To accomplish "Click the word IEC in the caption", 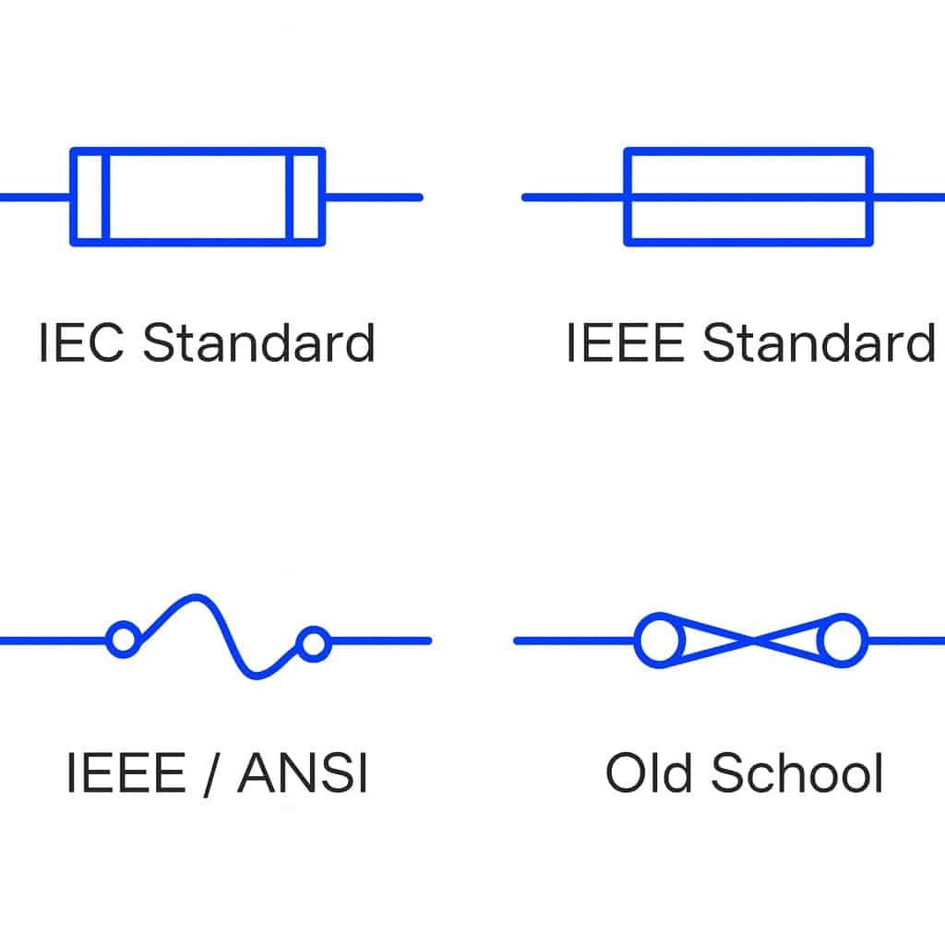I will point(81,342).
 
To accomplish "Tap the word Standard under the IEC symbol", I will point(259,342).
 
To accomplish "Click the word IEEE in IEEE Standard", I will point(625,342).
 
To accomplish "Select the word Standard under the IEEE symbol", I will point(819,342).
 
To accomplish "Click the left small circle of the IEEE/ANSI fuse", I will point(122,640).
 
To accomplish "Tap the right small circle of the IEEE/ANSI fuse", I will point(314,643).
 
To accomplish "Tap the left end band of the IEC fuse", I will point(90,197).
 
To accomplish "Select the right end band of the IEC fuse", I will point(306,197).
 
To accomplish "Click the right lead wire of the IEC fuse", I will point(374,197).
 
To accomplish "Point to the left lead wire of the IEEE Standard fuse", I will point(573,197).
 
